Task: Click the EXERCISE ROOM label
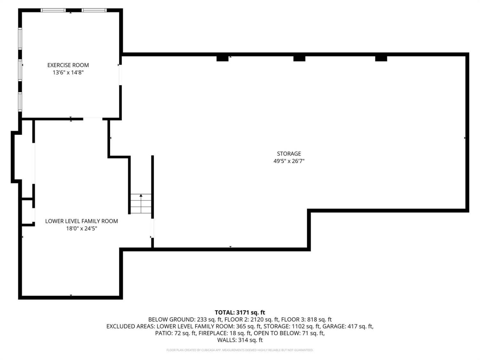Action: point(68,65)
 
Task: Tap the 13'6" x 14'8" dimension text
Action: point(68,73)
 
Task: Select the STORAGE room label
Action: point(289,154)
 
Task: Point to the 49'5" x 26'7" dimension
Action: point(289,161)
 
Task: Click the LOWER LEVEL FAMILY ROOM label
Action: point(81,221)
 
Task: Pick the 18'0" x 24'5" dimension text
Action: point(81,229)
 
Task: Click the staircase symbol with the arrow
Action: point(141,204)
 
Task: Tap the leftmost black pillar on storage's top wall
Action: point(222,58)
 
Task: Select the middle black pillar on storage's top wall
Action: point(299,58)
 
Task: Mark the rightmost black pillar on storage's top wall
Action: point(381,58)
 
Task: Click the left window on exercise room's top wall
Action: point(53,10)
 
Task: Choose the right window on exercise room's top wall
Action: point(94,10)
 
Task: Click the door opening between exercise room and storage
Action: point(121,75)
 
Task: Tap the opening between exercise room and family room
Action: point(93,119)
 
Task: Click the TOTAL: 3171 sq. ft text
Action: point(240,313)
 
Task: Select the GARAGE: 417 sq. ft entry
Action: point(348,326)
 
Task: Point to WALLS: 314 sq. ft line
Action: point(240,340)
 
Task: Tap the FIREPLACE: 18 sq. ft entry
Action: point(225,333)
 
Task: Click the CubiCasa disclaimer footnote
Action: point(240,350)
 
